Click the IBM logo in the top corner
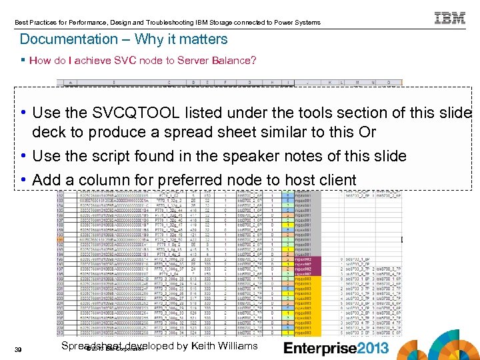pos(449,18)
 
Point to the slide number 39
pos(25,349)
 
